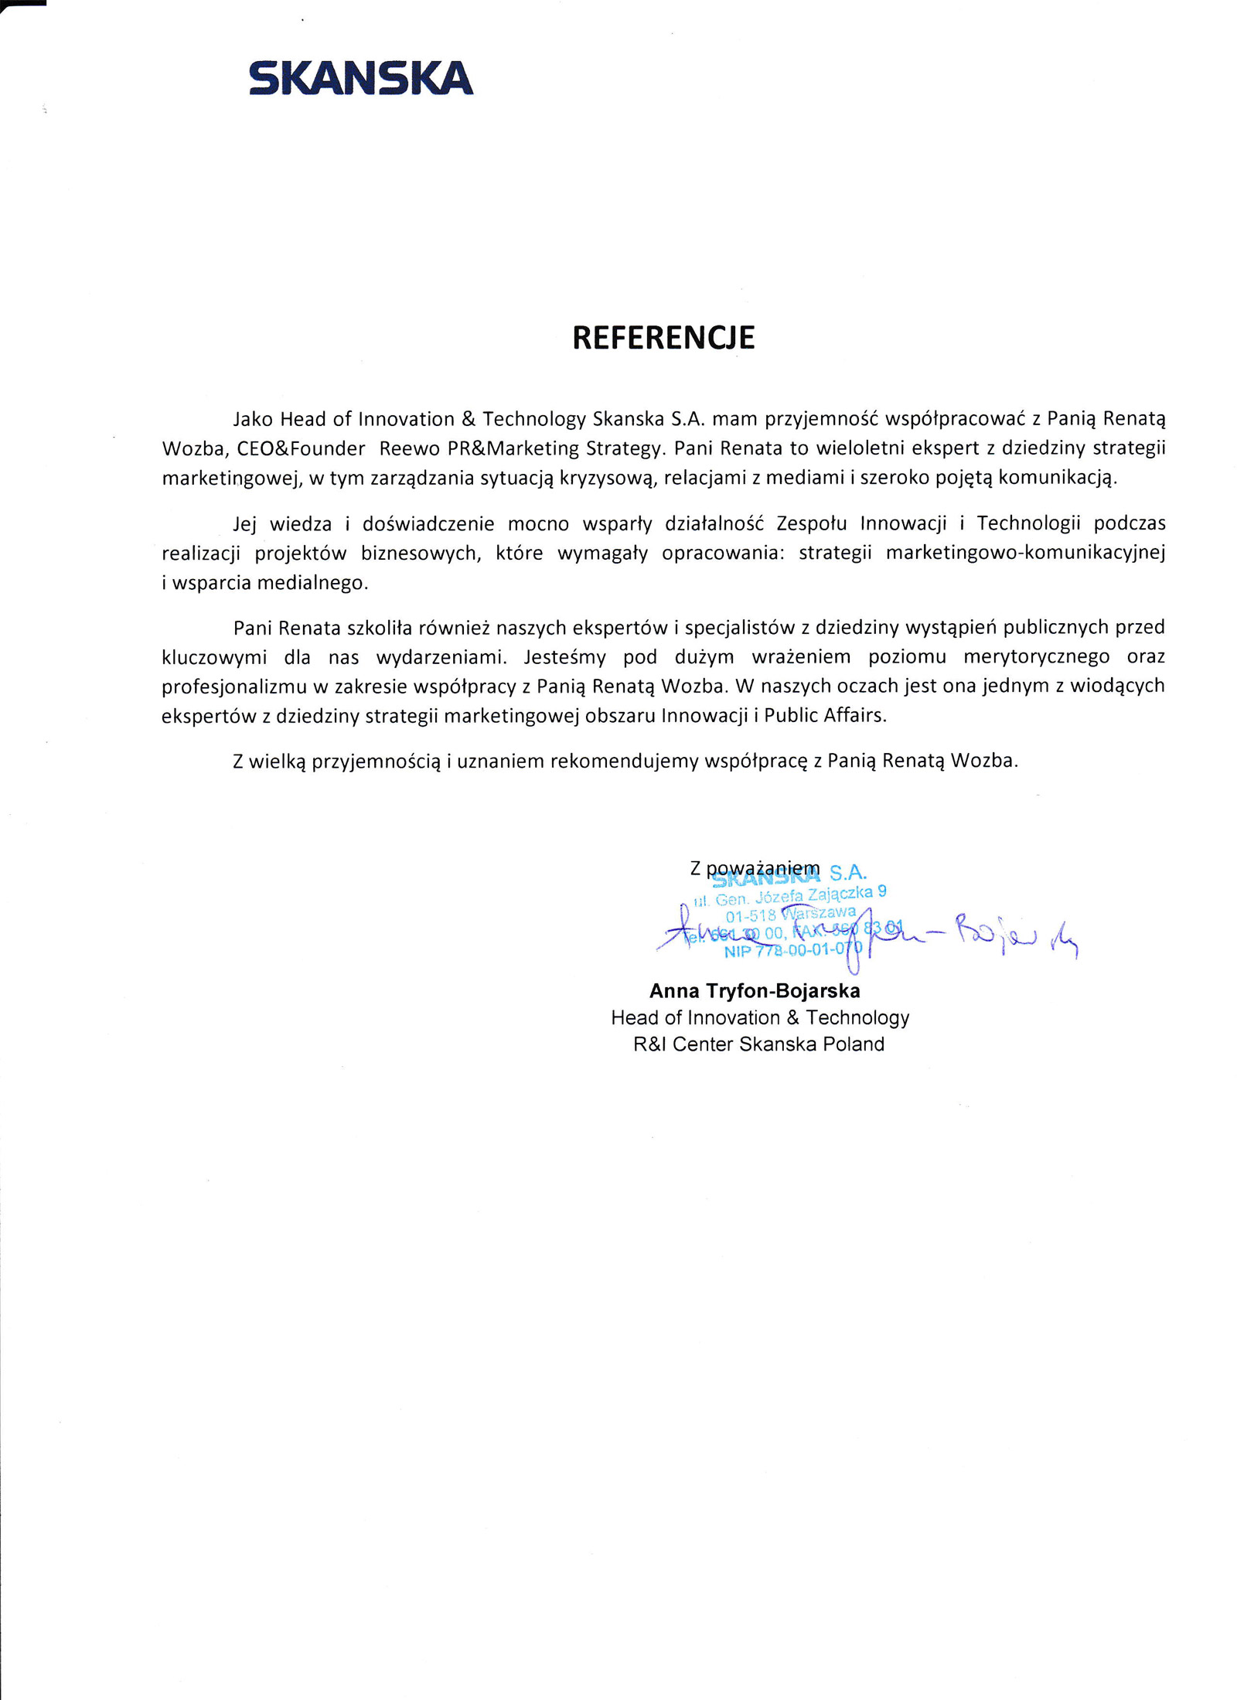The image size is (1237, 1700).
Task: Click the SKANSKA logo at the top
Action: [360, 78]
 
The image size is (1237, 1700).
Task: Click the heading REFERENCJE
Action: [663, 338]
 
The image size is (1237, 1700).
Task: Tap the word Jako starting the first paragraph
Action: [253, 419]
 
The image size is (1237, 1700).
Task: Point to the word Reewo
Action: [410, 448]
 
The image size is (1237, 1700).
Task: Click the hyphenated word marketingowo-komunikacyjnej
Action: [1025, 553]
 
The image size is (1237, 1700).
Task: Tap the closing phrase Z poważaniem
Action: [754, 868]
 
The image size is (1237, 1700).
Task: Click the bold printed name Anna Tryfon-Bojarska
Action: [755, 991]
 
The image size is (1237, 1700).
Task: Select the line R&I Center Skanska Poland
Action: [758, 1044]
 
